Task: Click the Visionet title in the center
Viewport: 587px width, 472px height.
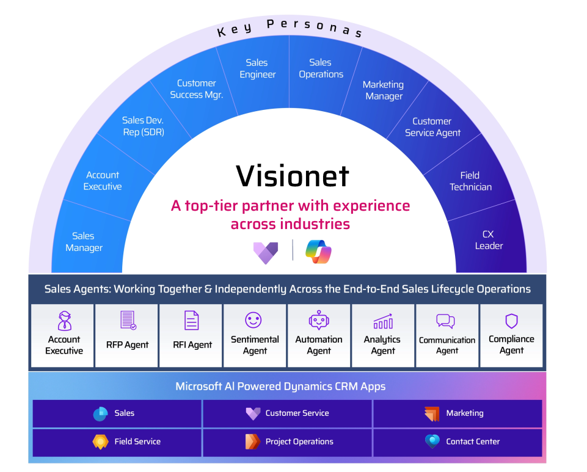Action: [x=293, y=175]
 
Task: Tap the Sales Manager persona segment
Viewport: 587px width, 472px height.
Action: [x=84, y=242]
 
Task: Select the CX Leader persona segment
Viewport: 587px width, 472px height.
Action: [x=489, y=240]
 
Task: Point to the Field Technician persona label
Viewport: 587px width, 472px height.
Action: [x=470, y=181]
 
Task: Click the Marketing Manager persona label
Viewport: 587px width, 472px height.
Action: [x=383, y=90]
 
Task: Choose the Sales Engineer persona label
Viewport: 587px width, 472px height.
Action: [x=257, y=68]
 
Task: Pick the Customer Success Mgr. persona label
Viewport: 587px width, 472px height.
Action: [x=196, y=89]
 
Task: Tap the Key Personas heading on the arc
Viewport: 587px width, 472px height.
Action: [x=290, y=27]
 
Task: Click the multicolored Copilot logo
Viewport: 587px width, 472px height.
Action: [x=318, y=252]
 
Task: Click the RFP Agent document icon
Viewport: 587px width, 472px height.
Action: [x=128, y=320]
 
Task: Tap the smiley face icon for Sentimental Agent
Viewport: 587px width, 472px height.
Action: [x=253, y=319]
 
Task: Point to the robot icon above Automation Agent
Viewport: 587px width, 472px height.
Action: [x=319, y=320]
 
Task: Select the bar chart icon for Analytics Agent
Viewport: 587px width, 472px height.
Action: [x=383, y=321]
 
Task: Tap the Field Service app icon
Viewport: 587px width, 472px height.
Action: [x=100, y=441]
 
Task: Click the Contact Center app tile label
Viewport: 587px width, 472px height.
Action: [x=473, y=441]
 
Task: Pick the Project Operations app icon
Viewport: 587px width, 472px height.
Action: [x=252, y=441]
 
